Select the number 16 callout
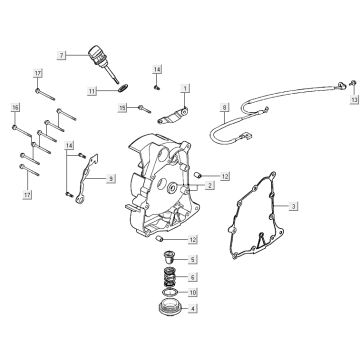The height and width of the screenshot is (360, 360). [15, 106]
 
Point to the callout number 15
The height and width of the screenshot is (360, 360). [122, 107]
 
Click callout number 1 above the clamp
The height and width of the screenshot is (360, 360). [185, 88]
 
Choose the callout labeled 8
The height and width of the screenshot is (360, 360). [226, 103]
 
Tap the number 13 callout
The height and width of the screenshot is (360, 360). [354, 100]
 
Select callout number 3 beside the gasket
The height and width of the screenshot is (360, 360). [295, 206]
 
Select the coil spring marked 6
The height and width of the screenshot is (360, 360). [168, 275]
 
